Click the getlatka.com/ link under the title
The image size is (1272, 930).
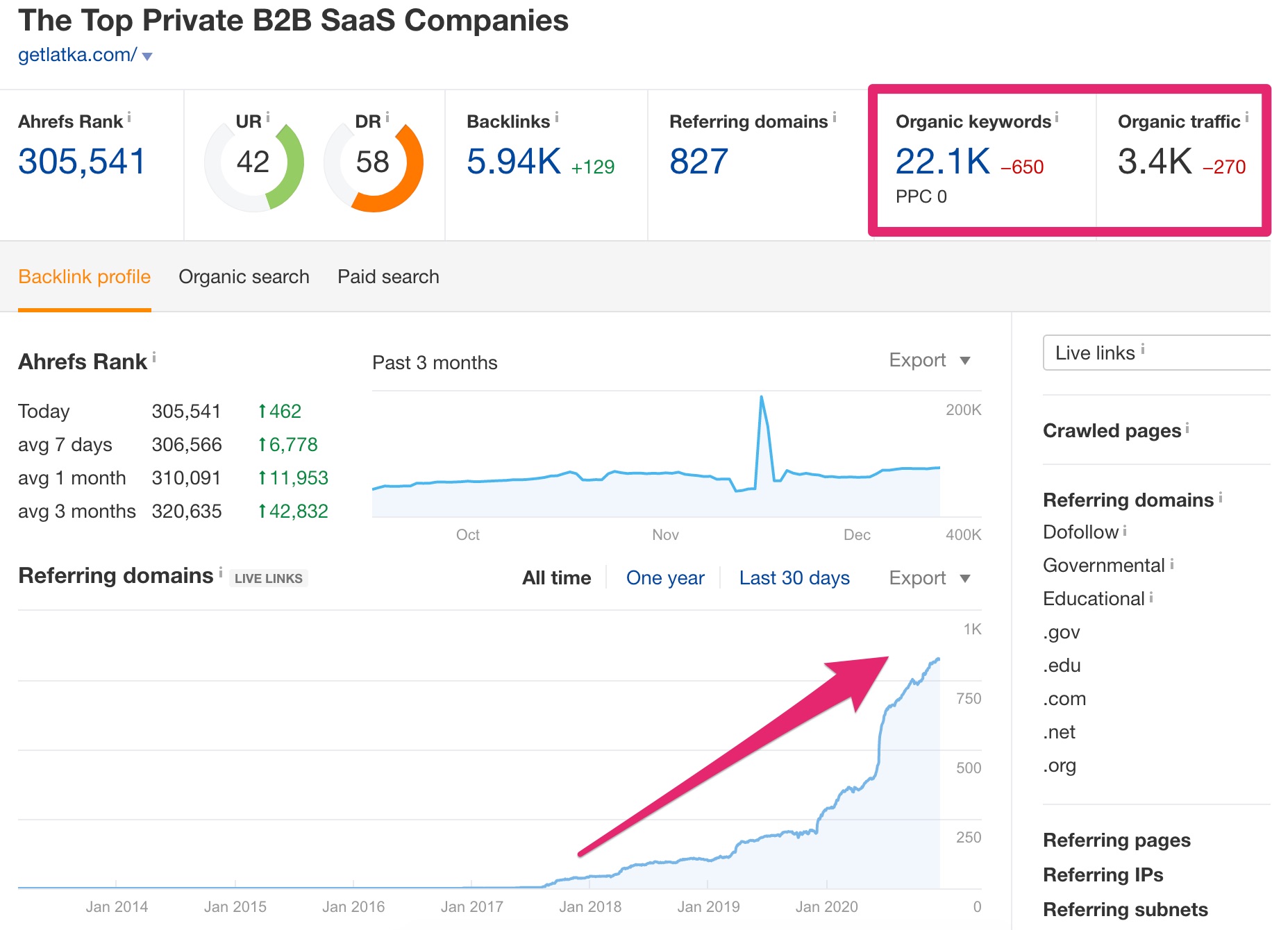(x=77, y=55)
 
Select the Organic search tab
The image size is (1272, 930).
(x=244, y=277)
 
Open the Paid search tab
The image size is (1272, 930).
(x=388, y=277)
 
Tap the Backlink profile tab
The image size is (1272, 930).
(x=84, y=277)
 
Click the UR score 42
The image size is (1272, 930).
(x=253, y=162)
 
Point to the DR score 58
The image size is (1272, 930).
(x=373, y=162)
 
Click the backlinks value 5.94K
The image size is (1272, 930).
(x=513, y=162)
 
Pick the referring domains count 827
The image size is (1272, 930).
(x=698, y=162)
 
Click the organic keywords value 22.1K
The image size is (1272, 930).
(x=942, y=162)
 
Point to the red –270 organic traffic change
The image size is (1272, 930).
(x=1224, y=167)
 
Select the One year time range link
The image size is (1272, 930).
(x=665, y=578)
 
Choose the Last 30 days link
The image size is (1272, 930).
(x=794, y=578)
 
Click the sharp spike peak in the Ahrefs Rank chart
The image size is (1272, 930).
(x=762, y=397)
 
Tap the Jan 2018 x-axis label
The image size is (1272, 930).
(x=590, y=907)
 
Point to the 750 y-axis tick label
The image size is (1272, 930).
(x=969, y=699)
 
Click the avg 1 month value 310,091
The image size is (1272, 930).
(x=186, y=478)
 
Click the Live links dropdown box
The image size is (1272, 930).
(x=1157, y=353)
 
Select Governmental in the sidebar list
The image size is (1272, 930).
(x=1103, y=566)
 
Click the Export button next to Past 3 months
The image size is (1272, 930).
(x=929, y=360)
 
